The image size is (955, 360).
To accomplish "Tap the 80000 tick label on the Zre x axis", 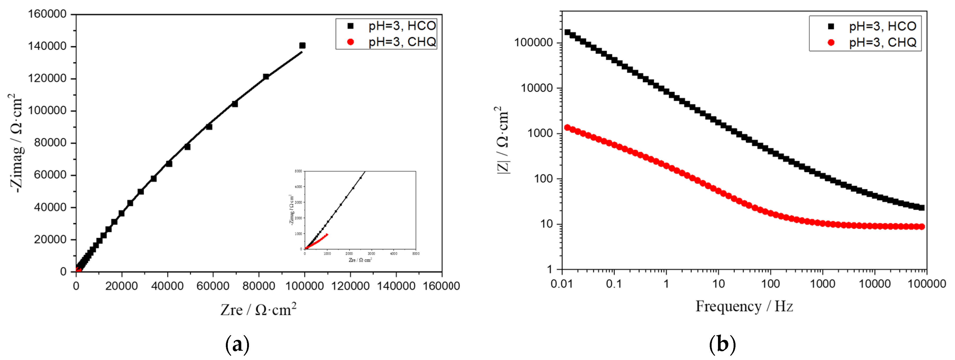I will [259, 286].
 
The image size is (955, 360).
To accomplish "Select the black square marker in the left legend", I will [350, 26].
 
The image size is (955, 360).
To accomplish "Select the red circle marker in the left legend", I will [350, 42].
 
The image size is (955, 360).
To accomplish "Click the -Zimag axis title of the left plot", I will [16, 143].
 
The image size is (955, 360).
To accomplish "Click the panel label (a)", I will [237, 344].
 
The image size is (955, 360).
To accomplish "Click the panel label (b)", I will [722, 344].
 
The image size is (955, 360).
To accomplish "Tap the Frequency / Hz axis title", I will [744, 307].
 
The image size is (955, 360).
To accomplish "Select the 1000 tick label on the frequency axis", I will [822, 284].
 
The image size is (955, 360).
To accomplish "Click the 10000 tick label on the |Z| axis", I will [536, 88].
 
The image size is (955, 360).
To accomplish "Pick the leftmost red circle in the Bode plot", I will [567, 127].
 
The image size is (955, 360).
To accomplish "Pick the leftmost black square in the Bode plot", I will [567, 32].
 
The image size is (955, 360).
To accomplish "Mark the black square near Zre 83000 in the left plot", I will [266, 77].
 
